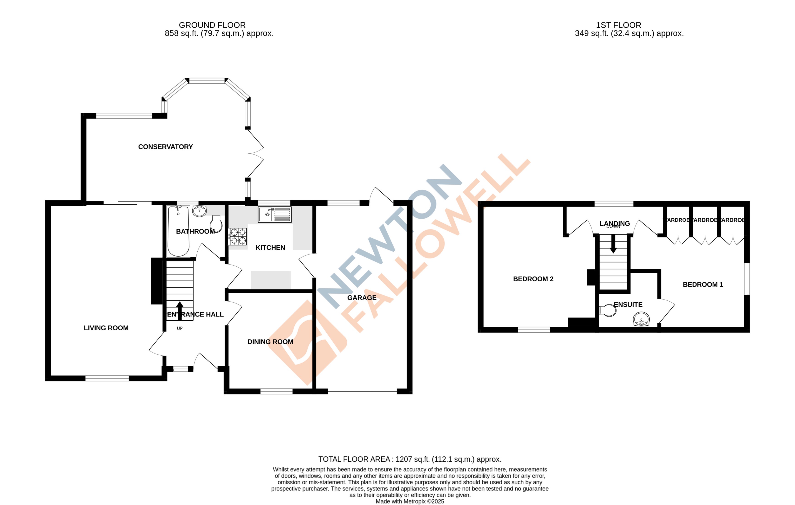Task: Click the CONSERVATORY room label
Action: pos(165,147)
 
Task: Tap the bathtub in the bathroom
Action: pos(178,231)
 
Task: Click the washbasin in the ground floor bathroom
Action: pos(199,211)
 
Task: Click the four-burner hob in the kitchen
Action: pos(237,236)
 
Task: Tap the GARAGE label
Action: pos(362,298)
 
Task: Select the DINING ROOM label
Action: pos(270,342)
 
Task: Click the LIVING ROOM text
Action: pos(106,328)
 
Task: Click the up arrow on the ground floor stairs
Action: pos(180,310)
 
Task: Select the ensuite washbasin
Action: pos(641,319)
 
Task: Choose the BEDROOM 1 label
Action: pos(703,285)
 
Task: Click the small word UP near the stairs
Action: pos(180,328)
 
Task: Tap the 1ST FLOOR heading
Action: pos(618,25)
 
